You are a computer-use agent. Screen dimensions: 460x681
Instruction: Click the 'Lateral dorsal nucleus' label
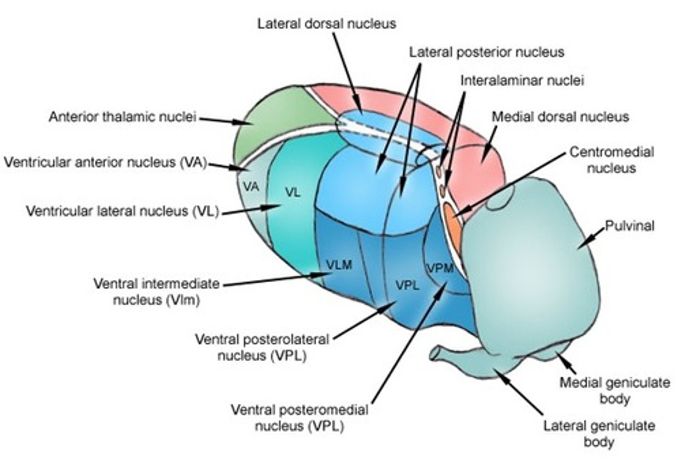pyautogui.click(x=326, y=24)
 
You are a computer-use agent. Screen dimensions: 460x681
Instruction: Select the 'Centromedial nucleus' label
pyautogui.click(x=611, y=160)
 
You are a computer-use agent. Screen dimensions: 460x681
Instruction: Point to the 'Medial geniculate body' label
pyautogui.click(x=614, y=390)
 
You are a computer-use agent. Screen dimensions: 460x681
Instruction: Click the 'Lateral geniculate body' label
pyautogui.click(x=599, y=434)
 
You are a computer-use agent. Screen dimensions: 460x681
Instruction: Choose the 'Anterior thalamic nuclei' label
pyautogui.click(x=122, y=117)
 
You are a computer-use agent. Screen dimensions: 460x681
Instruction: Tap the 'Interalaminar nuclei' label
pyautogui.click(x=522, y=80)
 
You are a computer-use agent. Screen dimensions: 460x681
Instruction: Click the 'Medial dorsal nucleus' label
pyautogui.click(x=560, y=116)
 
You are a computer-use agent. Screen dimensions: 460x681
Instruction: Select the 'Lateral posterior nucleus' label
pyautogui.click(x=486, y=52)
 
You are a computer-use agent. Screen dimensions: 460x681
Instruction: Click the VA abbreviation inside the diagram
pyautogui.click(x=251, y=187)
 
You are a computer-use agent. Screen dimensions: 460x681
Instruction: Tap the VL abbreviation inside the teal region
pyautogui.click(x=293, y=192)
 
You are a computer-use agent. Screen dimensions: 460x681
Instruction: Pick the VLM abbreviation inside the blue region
pyautogui.click(x=339, y=265)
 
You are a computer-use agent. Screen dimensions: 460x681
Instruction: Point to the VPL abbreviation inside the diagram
pyautogui.click(x=407, y=285)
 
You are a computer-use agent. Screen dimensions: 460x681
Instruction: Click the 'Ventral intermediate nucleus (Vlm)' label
pyautogui.click(x=157, y=291)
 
